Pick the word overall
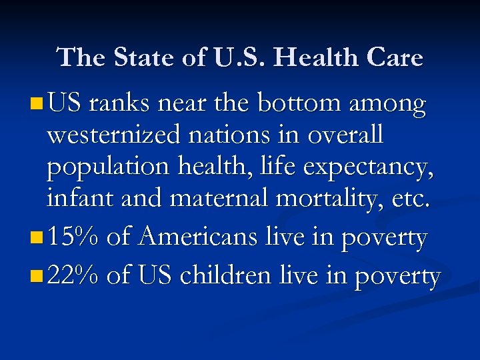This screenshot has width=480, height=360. [x=345, y=135]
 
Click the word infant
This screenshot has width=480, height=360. [x=72, y=198]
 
